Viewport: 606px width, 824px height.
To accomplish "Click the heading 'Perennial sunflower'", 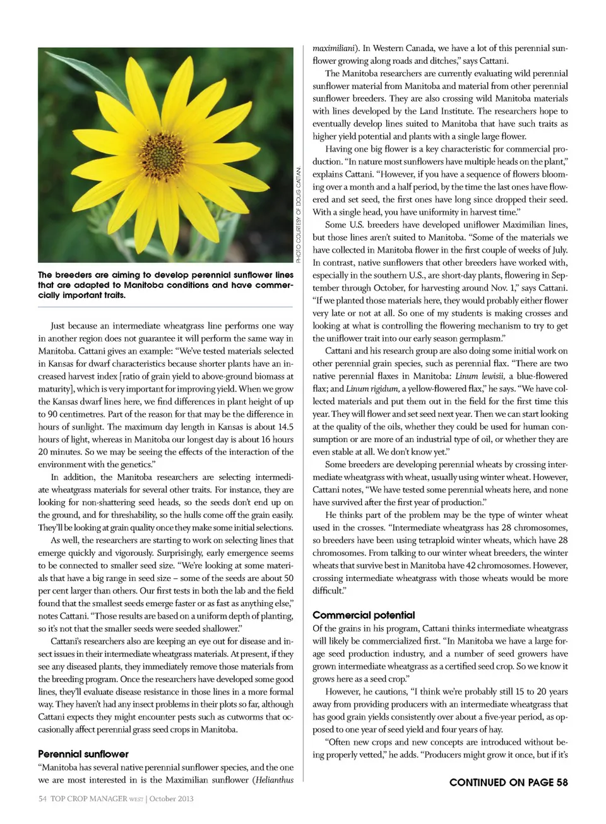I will point(83,754).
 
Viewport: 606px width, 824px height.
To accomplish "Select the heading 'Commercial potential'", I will point(364,615).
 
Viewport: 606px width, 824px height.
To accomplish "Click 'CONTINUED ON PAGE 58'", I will point(508,782).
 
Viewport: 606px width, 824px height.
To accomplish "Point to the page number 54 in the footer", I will point(42,799).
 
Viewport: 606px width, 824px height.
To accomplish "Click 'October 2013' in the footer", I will point(171,799).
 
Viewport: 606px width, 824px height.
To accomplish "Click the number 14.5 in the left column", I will point(285,427).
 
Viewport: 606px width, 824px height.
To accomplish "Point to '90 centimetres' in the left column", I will point(74,414).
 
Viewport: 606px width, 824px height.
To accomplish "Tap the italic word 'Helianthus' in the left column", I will point(275,780).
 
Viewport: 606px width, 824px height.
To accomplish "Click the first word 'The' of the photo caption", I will point(45,275).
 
